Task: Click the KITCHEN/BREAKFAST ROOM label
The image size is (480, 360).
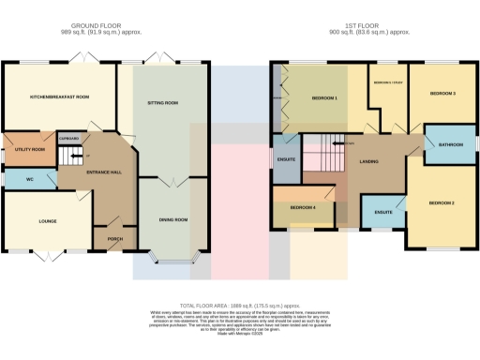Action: (x=58, y=97)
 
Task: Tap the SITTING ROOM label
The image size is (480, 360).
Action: (x=163, y=103)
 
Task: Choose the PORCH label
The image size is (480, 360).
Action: (x=115, y=238)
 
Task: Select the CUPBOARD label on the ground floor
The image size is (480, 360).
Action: (x=68, y=138)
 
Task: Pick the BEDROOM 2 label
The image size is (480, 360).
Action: (x=442, y=202)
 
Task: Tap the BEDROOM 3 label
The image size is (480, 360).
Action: (x=442, y=94)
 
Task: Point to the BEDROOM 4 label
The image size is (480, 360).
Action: (x=302, y=207)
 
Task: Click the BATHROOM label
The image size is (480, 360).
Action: (x=442, y=144)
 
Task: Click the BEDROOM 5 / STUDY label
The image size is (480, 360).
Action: (x=388, y=83)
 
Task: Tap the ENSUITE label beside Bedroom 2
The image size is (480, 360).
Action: (x=382, y=213)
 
